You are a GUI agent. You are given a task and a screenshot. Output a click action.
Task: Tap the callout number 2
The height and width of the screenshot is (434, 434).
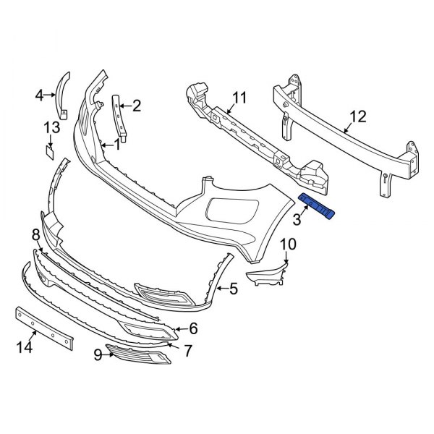[136, 106]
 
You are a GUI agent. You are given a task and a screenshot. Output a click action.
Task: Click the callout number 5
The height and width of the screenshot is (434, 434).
[233, 290]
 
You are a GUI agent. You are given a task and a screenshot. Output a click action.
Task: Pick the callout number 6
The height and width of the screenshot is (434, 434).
[193, 329]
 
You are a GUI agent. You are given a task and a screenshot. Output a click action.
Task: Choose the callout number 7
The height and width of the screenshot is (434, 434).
[188, 351]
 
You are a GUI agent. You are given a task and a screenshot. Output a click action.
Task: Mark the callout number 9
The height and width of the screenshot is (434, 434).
[97, 354]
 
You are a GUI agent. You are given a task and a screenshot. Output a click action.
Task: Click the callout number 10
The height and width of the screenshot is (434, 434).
[288, 244]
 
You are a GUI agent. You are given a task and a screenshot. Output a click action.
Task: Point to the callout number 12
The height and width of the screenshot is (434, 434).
[358, 116]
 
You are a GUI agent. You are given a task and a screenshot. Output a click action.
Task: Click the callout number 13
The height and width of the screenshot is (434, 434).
[50, 128]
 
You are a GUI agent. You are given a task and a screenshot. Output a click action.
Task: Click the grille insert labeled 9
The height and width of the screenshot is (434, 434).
[137, 354]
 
